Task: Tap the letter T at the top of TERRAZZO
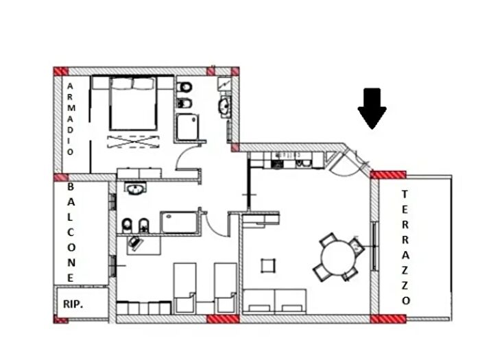(406, 193)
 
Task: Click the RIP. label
(74, 304)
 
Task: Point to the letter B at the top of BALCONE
(71, 187)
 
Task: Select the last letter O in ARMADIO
(70, 151)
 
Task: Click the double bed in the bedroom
(134, 104)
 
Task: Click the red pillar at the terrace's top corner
(388, 174)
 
